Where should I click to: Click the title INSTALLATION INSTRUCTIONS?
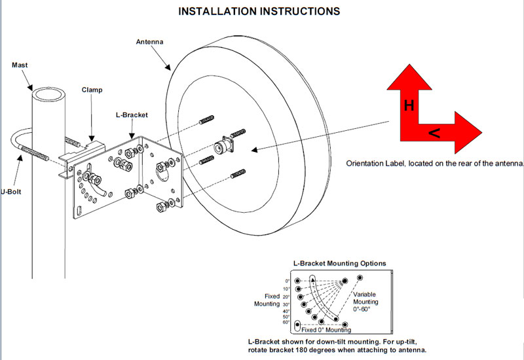259,11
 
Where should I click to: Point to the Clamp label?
92,89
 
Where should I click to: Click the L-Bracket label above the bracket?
132,115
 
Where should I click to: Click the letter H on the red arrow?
408,105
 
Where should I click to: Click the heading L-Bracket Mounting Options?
339,263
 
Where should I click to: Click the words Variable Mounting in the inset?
370,298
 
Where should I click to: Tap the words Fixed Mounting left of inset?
267,300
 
